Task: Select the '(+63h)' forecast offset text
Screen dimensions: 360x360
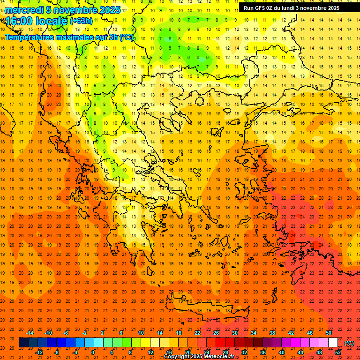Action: click(x=81, y=21)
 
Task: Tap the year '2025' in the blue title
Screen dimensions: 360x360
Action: click(x=110, y=10)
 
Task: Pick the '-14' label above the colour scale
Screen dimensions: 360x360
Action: click(x=30, y=333)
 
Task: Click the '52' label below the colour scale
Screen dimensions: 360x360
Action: click(x=338, y=352)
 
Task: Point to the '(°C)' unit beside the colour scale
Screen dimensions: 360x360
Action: click(x=349, y=343)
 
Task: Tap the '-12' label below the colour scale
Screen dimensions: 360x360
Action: click(x=39, y=352)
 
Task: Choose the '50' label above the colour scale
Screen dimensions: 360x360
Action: click(x=329, y=333)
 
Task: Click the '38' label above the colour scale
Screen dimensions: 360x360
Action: click(x=272, y=333)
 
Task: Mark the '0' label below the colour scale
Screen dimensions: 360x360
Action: click(x=92, y=352)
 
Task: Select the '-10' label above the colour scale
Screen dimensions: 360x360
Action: click(x=48, y=333)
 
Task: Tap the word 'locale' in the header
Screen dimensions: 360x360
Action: click(x=52, y=21)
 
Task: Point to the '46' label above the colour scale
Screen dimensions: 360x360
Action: click(x=310, y=333)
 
